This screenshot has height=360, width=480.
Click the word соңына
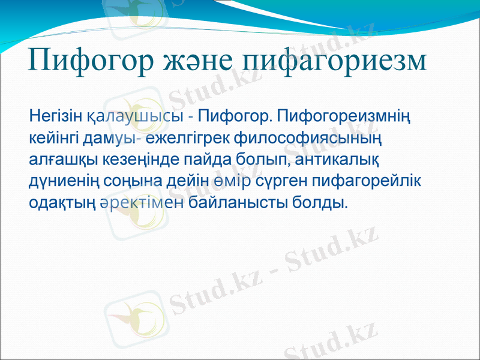pos(120,181)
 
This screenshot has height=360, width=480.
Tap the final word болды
pos(319,203)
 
